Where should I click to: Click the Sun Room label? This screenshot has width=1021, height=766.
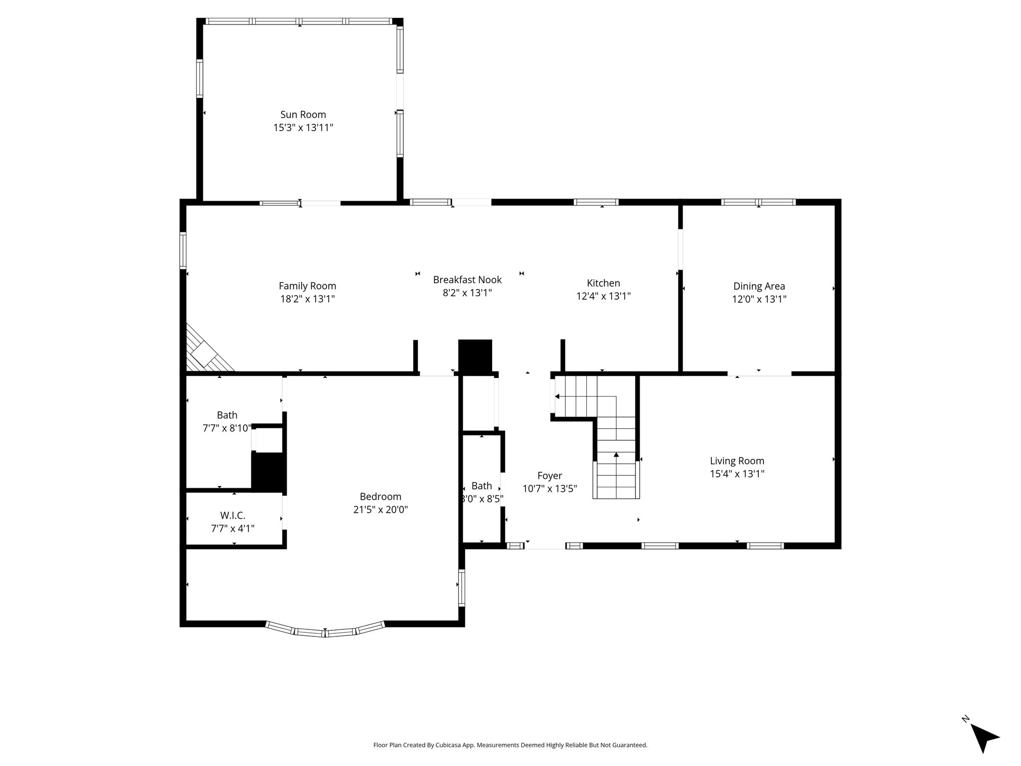tap(303, 115)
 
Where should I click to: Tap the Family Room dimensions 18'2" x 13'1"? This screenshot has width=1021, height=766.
tap(307, 299)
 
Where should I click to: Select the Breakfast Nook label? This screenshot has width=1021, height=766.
tap(467, 280)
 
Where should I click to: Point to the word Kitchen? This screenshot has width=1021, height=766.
tap(603, 283)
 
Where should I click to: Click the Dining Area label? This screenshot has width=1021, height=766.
tap(759, 286)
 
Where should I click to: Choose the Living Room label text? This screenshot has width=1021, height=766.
tap(737, 461)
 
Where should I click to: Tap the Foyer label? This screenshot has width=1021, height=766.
tap(549, 476)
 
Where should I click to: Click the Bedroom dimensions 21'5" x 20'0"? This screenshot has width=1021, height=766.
tap(380, 510)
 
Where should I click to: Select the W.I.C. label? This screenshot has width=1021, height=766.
tap(233, 516)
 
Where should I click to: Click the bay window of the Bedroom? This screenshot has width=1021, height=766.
tap(325, 630)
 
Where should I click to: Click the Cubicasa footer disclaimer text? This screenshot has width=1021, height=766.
tap(510, 745)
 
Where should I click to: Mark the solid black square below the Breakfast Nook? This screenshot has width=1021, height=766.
tap(475, 356)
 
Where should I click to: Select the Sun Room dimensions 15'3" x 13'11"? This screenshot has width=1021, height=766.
tap(303, 128)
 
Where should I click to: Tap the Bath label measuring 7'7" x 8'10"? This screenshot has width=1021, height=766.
tap(227, 415)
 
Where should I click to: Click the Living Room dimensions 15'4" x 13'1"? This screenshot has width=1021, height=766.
tap(737, 474)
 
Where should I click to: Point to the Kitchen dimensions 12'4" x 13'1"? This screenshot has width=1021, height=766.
tap(603, 296)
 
